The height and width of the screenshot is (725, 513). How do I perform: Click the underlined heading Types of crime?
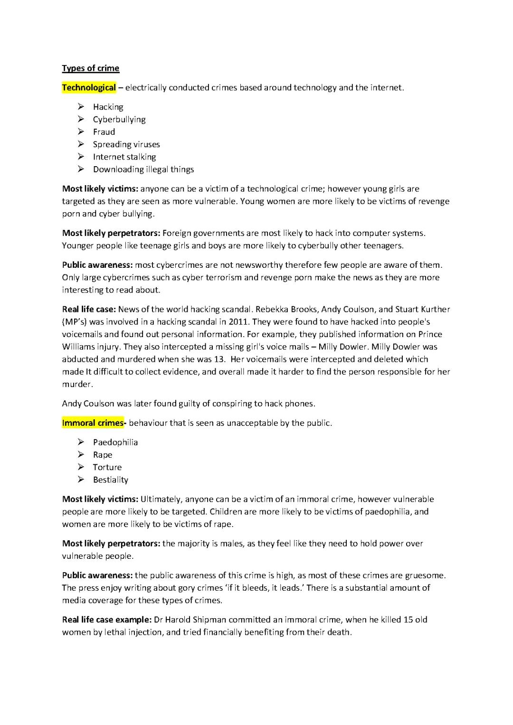point(90,68)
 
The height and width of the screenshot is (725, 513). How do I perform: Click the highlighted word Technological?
point(89,87)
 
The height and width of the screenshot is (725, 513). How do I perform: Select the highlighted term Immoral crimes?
point(93,423)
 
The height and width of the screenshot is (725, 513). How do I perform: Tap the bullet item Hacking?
point(108,107)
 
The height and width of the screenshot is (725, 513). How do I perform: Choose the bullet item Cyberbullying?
point(119,119)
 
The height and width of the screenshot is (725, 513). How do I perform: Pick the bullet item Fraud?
point(104,132)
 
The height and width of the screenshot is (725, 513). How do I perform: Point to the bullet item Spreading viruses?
point(126,144)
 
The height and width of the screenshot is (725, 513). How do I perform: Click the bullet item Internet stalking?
point(124,157)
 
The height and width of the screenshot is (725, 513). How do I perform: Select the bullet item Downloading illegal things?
point(143,169)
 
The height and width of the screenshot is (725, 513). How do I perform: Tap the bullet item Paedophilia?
point(115,443)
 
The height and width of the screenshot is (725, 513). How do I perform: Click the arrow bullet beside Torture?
point(81,467)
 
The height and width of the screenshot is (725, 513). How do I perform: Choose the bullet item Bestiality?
point(111,480)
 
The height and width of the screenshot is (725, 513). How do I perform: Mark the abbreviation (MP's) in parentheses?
point(76,321)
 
